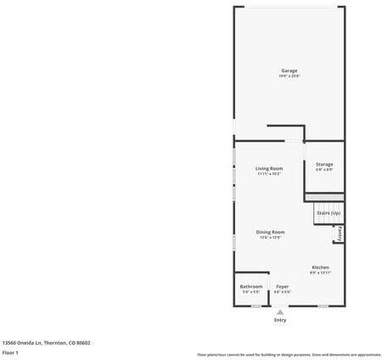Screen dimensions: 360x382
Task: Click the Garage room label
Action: point(289,70)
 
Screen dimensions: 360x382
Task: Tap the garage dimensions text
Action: point(289,76)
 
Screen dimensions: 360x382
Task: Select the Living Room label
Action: point(269,168)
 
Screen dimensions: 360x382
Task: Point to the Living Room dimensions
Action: point(269,174)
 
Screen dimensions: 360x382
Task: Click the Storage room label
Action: point(324,164)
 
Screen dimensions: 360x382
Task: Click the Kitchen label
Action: point(320,267)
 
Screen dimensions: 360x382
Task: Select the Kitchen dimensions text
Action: point(320,273)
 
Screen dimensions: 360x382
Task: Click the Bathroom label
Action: point(251,286)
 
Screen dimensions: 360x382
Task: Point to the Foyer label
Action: point(283,286)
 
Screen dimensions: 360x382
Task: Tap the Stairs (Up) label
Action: point(329,212)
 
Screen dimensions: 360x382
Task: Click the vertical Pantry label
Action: point(340,233)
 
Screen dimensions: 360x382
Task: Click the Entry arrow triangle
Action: point(280,312)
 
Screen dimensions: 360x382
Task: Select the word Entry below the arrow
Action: point(280,320)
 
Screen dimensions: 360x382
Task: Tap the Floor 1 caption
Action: point(10,352)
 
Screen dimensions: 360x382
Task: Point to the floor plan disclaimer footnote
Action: point(289,354)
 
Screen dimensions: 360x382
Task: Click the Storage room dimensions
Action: point(324,170)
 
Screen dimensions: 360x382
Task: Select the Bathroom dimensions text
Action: point(251,292)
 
